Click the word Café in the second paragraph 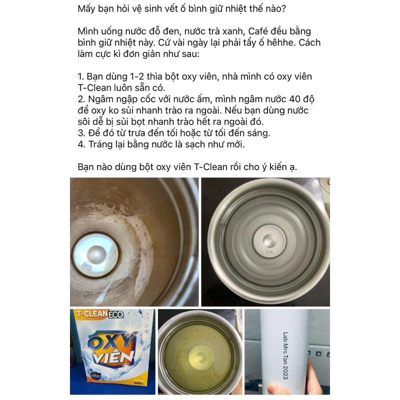coord(258,31)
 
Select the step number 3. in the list coord(81,133)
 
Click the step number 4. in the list coord(81,144)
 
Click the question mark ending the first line coord(283,8)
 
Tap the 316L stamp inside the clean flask coord(270,252)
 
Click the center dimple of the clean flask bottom coord(269,240)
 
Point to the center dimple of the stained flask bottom coord(96,254)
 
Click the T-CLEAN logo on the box coord(92,314)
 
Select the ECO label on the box coord(116,314)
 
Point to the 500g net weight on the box coord(138,383)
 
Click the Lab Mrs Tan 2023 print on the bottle coord(285,355)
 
